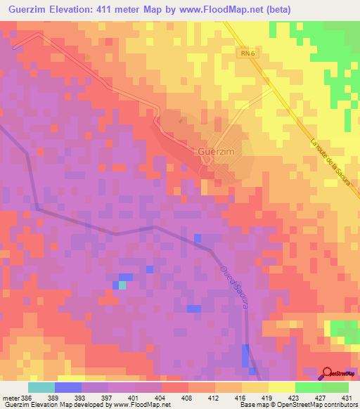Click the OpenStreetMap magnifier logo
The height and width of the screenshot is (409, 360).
click(327, 373)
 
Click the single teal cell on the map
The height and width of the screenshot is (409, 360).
click(123, 285)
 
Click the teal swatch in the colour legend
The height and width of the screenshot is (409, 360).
click(41, 387)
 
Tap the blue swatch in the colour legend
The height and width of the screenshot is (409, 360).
click(68, 387)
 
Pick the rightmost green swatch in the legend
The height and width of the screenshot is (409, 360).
click(335, 387)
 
